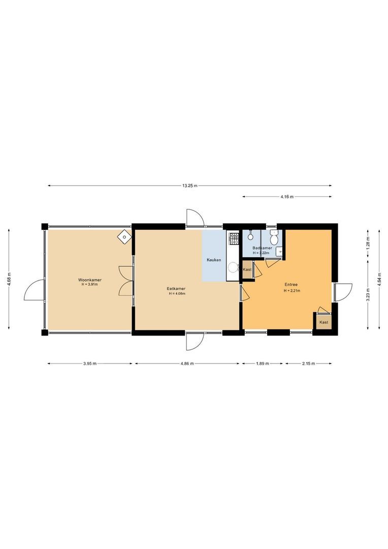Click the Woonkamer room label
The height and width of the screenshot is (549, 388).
(x=89, y=280)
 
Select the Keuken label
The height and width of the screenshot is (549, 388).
(x=214, y=260)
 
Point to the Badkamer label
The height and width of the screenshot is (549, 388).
(x=262, y=248)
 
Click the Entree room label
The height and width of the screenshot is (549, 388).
(x=292, y=285)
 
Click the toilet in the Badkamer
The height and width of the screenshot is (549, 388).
(x=274, y=237)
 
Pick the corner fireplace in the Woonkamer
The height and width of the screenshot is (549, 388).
(x=124, y=236)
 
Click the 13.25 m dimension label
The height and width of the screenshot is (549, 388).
(x=190, y=186)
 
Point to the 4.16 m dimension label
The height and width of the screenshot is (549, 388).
(x=287, y=197)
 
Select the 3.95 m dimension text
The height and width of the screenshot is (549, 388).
(x=89, y=363)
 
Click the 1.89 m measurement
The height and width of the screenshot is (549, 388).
(x=262, y=363)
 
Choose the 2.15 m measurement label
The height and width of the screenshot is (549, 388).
(x=308, y=363)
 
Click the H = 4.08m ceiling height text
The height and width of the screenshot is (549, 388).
(x=177, y=293)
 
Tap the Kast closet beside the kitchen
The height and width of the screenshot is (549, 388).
(x=247, y=269)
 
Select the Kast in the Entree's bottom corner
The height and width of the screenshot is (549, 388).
(x=324, y=322)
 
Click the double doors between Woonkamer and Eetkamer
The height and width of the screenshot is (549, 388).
(x=124, y=281)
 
